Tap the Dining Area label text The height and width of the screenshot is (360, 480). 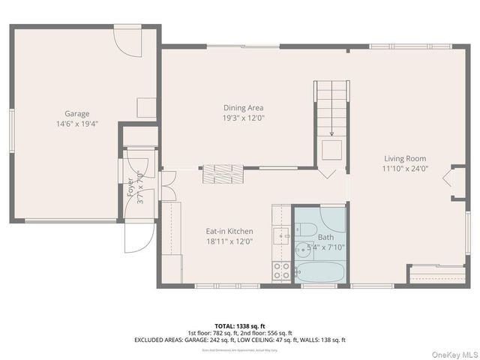tap(243, 108)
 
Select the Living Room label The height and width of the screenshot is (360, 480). tap(405, 159)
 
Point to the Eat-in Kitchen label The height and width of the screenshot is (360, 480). tap(229, 231)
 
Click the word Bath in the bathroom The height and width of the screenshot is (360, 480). tap(325, 237)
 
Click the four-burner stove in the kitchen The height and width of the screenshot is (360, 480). tap(282, 271)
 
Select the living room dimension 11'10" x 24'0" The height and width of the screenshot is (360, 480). tap(405, 169)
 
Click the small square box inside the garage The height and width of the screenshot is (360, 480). tap(145, 107)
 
